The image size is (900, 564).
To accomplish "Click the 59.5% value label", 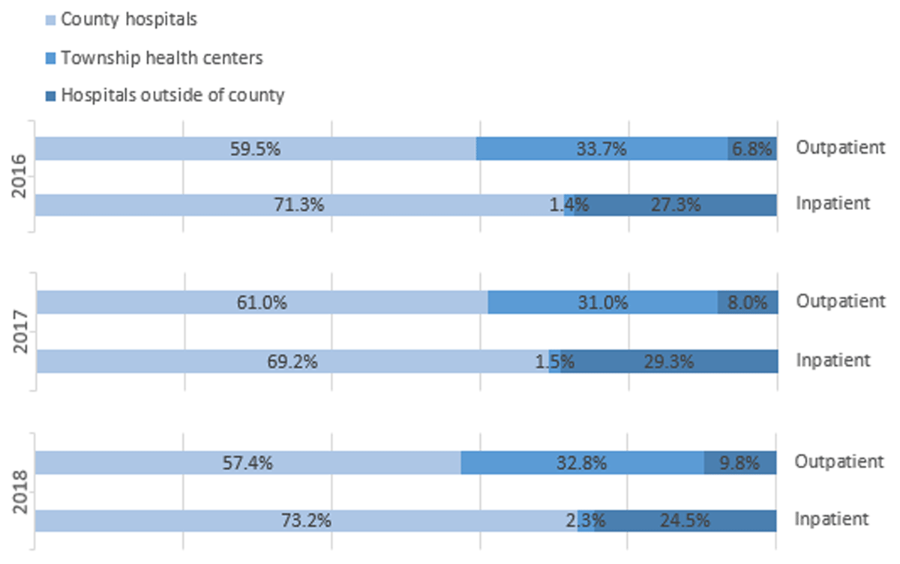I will [x=256, y=148].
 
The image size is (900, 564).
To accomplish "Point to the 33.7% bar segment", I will [x=601, y=148].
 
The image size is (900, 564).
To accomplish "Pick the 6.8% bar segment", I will [x=752, y=148].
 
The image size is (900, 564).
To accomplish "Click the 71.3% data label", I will [x=299, y=205].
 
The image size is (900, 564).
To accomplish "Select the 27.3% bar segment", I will [x=675, y=205].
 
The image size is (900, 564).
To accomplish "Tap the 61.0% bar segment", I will [x=262, y=303].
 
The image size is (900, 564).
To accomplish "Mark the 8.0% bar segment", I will [x=747, y=303].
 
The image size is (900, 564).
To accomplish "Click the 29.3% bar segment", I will [x=668, y=361].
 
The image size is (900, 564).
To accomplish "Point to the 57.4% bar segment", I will [x=248, y=463].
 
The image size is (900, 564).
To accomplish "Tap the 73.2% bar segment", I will [x=306, y=520].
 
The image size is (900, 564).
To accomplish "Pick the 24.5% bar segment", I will [x=685, y=520].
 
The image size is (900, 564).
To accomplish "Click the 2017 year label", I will [x=22, y=331].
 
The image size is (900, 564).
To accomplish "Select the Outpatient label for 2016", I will [x=841, y=148].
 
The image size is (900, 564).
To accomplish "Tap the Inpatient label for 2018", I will [x=832, y=519].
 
